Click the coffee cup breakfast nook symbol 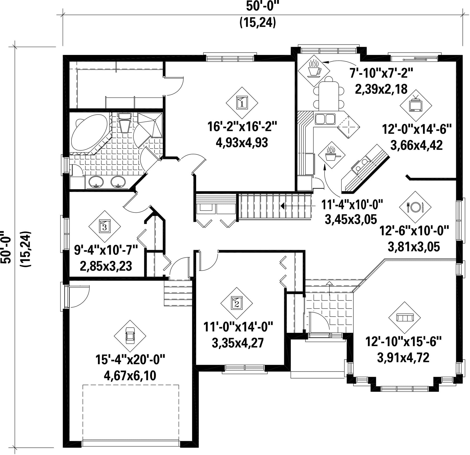tap(314, 71)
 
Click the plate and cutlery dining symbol tap(415, 207)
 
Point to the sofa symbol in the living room tap(404, 318)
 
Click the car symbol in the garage tap(130, 336)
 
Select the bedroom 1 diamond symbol tap(242, 103)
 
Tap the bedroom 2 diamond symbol tap(237, 304)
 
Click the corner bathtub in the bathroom tap(89, 133)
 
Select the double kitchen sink tap(325, 119)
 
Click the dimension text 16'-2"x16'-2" tap(242, 127)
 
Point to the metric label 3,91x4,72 tap(403, 357)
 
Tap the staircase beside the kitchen tap(275, 206)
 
